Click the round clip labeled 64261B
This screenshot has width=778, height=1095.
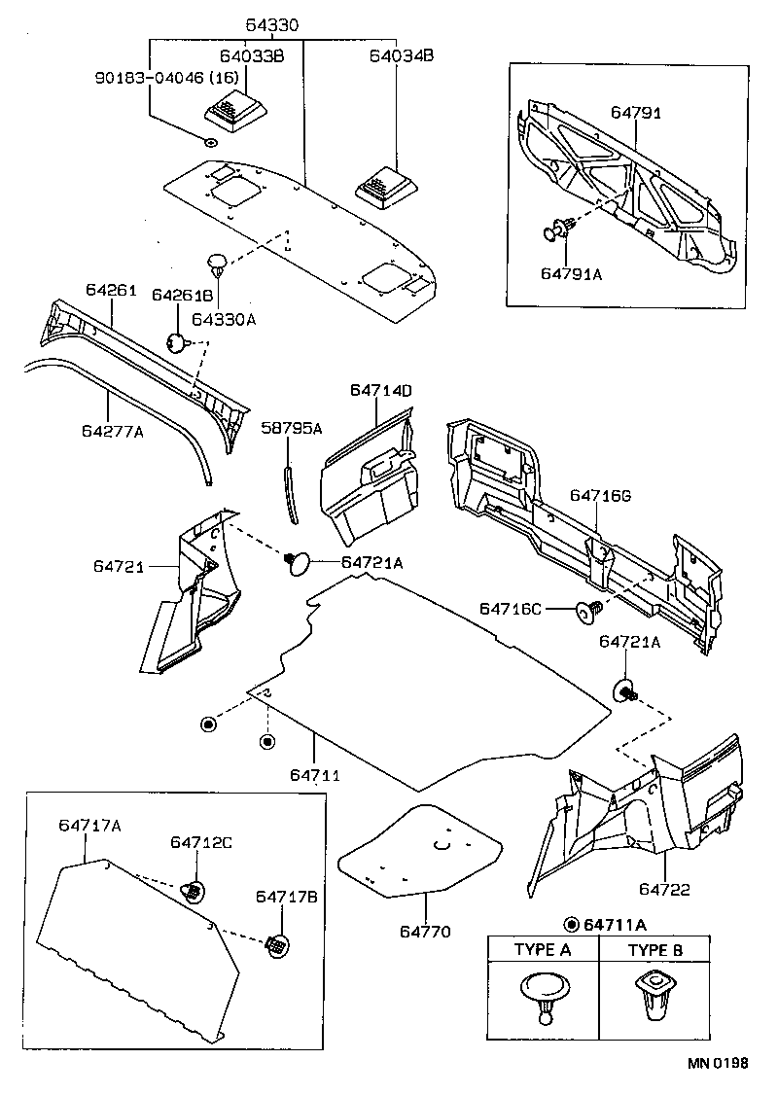pyautogui.click(x=177, y=342)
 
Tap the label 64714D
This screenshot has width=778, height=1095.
pyautogui.click(x=381, y=391)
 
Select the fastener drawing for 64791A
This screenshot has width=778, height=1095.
pyautogui.click(x=557, y=231)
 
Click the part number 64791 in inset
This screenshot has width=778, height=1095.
pyautogui.click(x=636, y=113)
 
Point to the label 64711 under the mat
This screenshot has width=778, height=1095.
pyautogui.click(x=313, y=775)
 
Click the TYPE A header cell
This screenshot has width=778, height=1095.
pyautogui.click(x=542, y=950)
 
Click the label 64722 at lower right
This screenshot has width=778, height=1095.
pyautogui.click(x=665, y=889)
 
